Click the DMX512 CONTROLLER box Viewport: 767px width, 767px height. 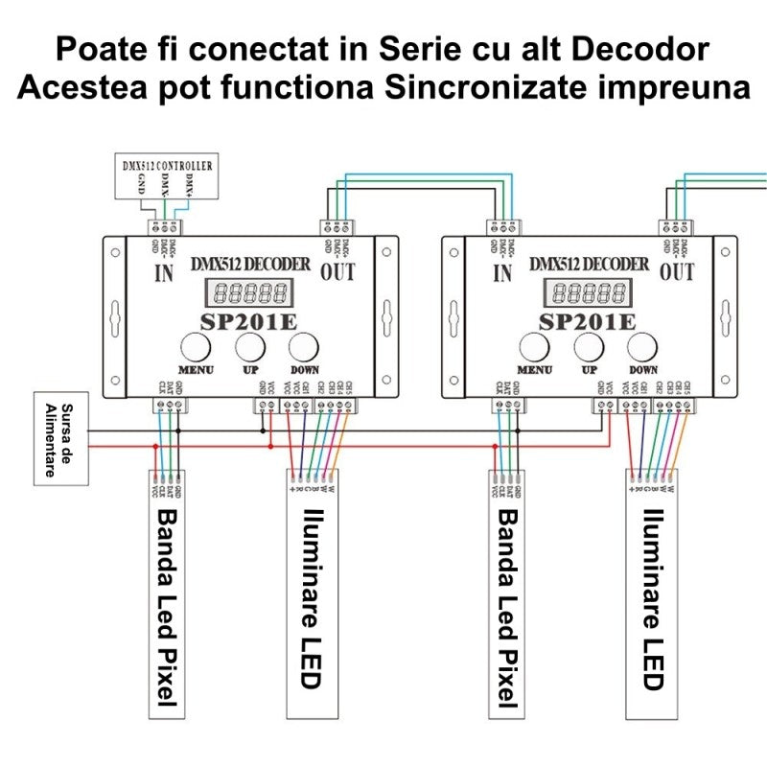163,174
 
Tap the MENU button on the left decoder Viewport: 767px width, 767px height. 197,346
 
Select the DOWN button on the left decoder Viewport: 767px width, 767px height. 305,346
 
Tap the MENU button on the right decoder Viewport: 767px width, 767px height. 535,346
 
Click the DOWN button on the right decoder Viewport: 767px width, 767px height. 643,346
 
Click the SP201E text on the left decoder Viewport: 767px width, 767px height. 248,320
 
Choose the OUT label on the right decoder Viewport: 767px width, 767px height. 677,273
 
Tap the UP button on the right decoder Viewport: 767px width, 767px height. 589,346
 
